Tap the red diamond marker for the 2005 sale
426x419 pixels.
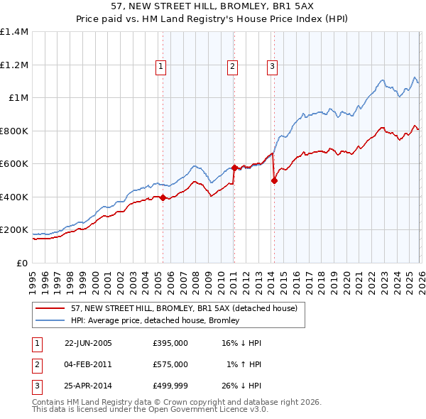[x=163, y=198]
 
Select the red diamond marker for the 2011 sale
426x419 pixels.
[x=234, y=168]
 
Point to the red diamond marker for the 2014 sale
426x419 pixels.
[x=274, y=180]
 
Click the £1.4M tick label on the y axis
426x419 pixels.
[x=14, y=32]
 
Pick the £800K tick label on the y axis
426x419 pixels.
[x=14, y=131]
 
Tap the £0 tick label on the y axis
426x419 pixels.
[x=21, y=263]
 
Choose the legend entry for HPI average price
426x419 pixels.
[x=155, y=320]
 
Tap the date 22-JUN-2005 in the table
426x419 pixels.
[x=88, y=343]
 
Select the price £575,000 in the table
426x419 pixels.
[x=170, y=364]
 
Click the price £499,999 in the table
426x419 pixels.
[x=170, y=386]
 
